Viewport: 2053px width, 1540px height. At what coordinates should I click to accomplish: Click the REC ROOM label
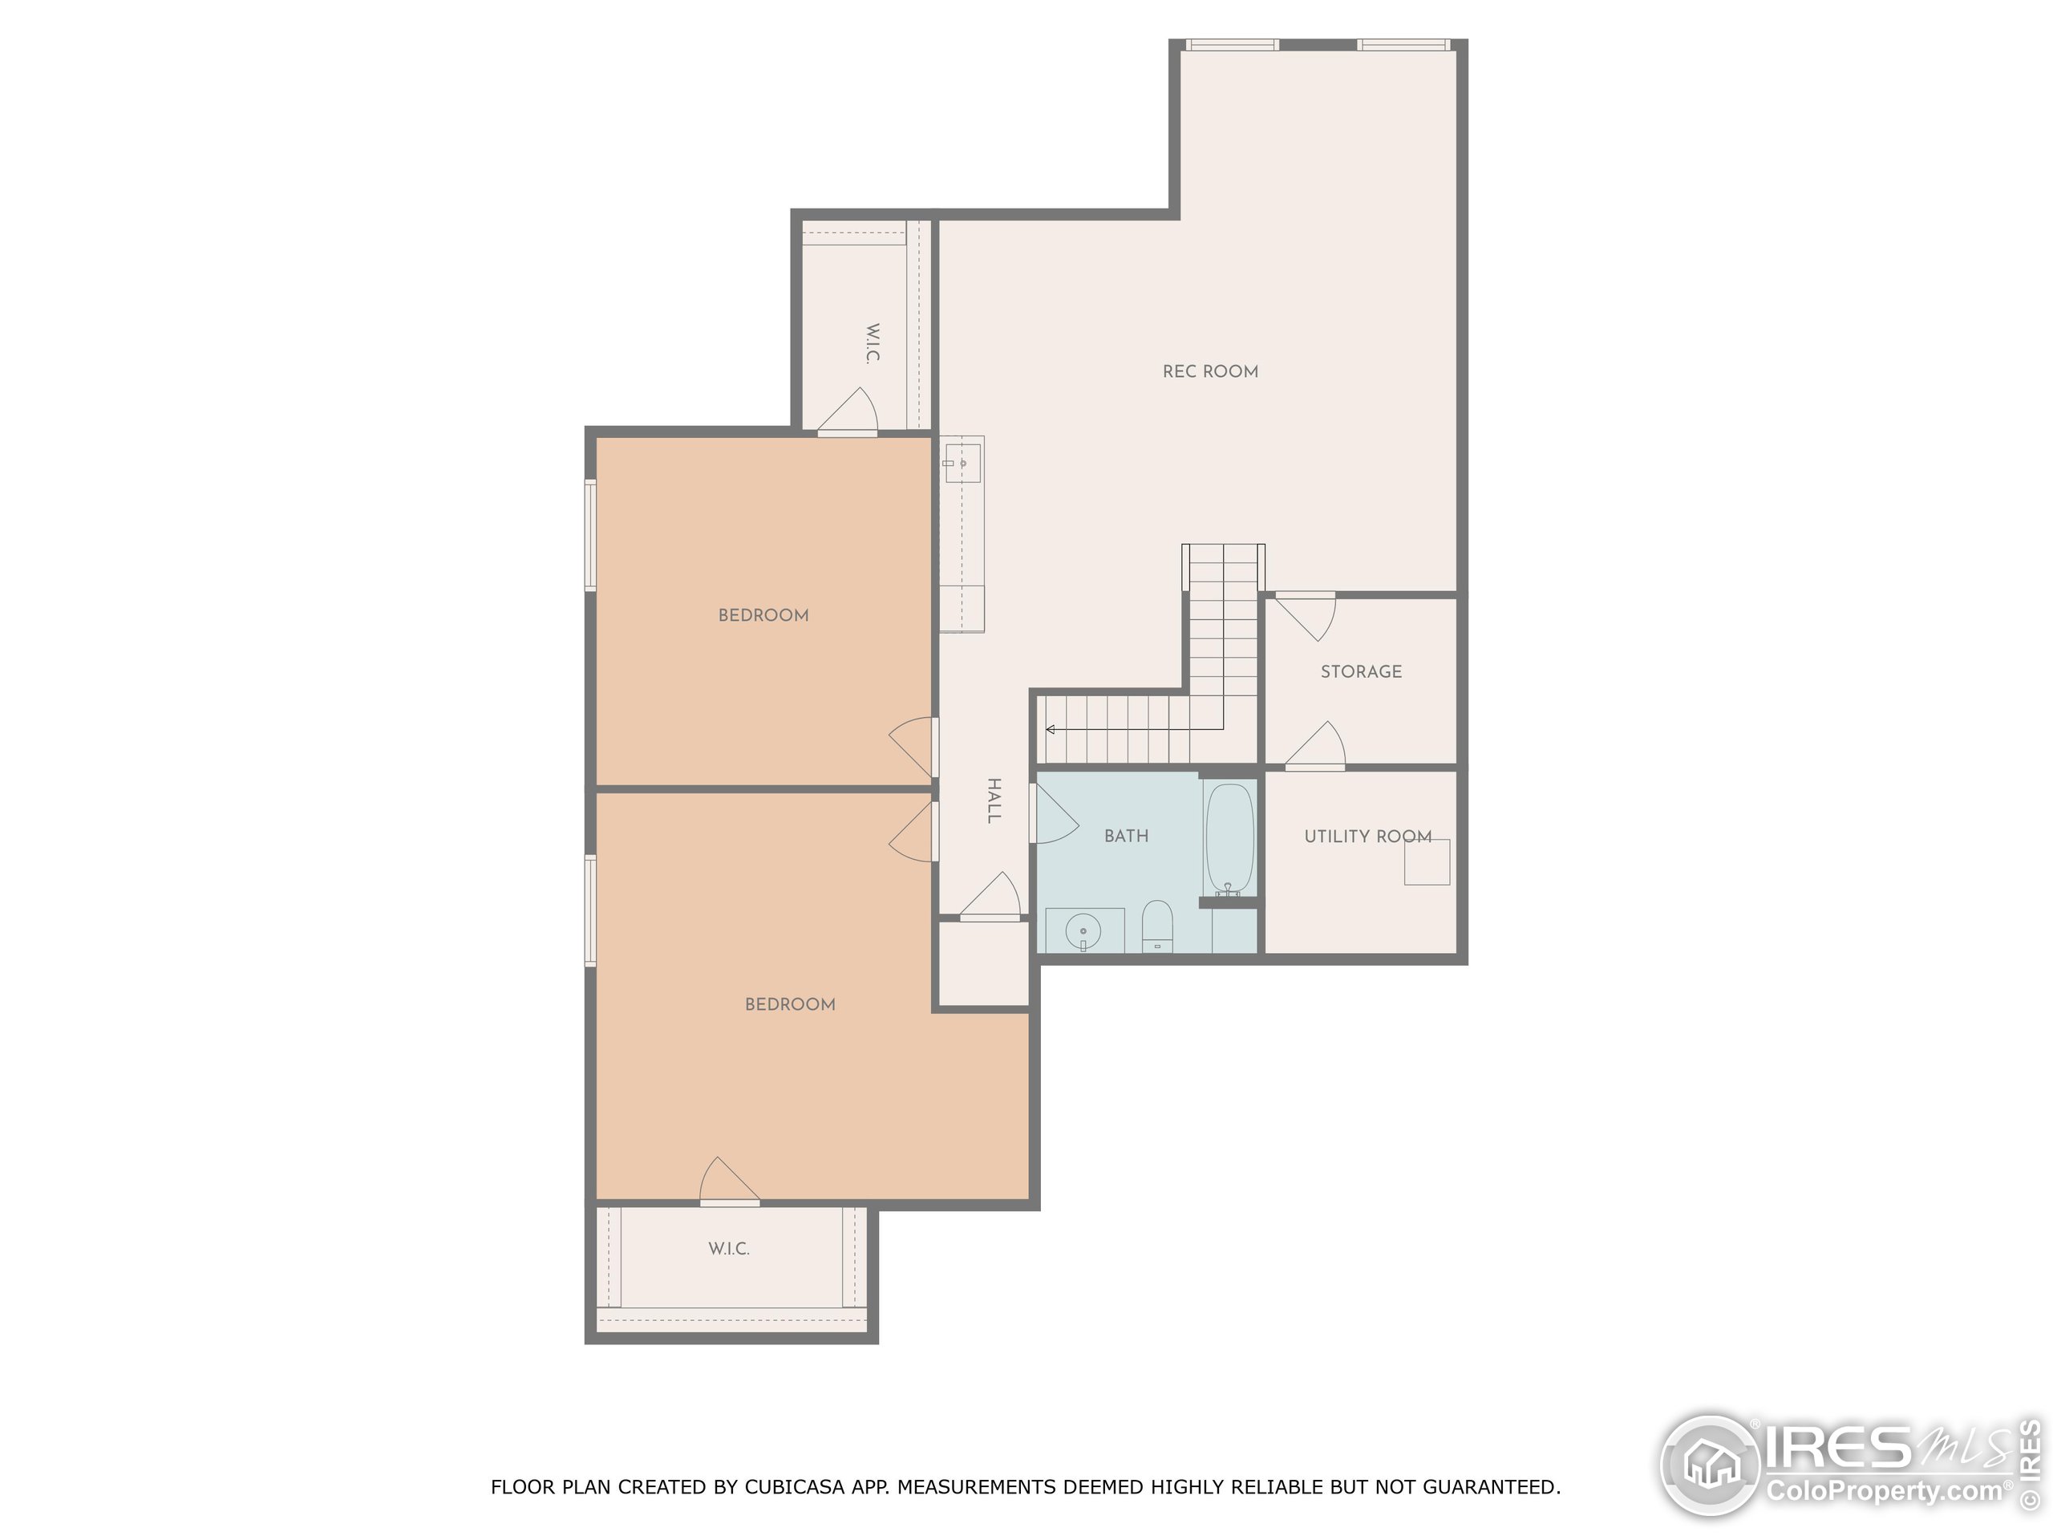pos(1210,371)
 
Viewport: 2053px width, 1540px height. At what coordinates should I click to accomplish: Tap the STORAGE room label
pos(1361,671)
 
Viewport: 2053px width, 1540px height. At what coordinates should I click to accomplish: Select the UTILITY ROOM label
pos(1367,837)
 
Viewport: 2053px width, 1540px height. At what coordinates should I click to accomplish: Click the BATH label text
pos(1126,837)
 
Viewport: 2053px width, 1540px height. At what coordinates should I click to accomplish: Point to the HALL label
pos(993,800)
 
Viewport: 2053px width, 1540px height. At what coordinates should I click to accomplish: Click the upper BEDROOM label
pos(763,615)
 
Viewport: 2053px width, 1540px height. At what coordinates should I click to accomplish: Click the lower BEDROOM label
pos(790,1004)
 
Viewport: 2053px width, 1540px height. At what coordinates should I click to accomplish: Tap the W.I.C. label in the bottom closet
pos(728,1249)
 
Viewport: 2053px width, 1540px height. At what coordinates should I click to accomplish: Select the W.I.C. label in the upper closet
pos(873,342)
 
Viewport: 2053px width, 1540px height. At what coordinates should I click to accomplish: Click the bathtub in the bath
pos(1229,837)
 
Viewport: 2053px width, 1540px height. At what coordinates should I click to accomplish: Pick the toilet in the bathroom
pos(1156,925)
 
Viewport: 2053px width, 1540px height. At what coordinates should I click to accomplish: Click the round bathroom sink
pos(1083,930)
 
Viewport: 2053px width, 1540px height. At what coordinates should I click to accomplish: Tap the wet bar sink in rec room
pos(962,461)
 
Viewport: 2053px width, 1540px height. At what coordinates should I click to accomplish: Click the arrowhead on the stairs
pos(1051,730)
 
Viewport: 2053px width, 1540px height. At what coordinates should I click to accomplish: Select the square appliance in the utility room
pos(1427,861)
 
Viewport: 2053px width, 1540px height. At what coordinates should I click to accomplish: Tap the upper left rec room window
pos(1231,45)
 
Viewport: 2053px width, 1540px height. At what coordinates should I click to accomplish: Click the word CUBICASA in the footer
pos(795,1487)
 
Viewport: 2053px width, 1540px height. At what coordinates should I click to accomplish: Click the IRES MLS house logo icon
pos(1710,1465)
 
